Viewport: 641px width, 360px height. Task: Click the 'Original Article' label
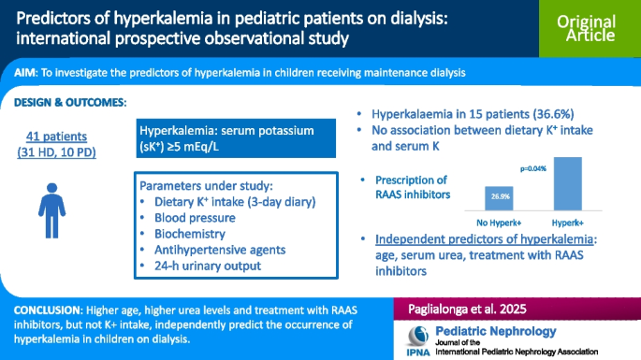coord(586,28)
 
